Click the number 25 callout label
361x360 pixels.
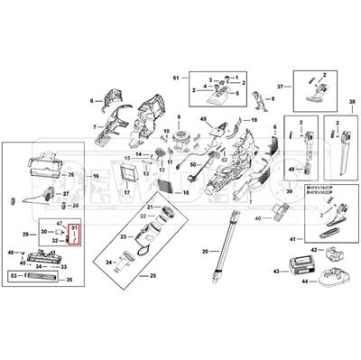(x=153, y=274)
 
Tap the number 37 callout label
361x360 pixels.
(x=281, y=86)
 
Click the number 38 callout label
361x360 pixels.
(x=351, y=100)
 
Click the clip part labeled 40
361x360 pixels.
(x=279, y=211)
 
